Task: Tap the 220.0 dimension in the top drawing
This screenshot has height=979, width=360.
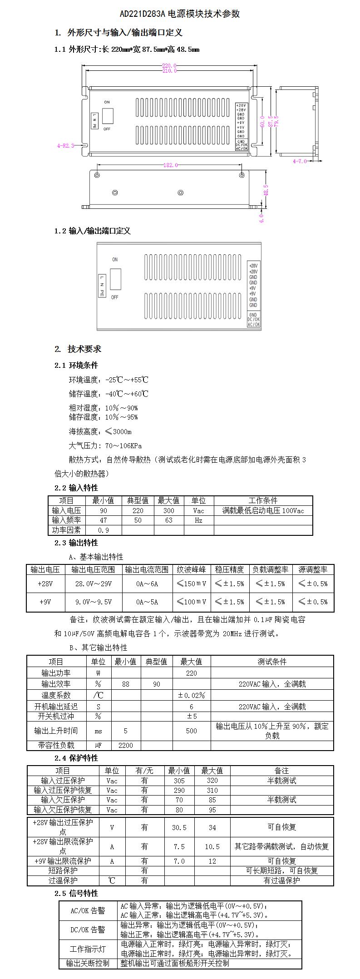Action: pyautogui.click(x=169, y=66)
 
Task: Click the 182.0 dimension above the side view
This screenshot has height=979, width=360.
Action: pyautogui.click(x=170, y=165)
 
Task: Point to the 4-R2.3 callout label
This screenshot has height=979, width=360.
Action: pyautogui.click(x=65, y=146)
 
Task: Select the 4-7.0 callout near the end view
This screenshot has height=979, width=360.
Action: pyautogui.click(x=300, y=161)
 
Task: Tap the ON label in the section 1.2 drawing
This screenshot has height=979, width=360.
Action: pyautogui.click(x=115, y=259)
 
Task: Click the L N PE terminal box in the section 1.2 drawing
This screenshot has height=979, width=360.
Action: pyautogui.click(x=103, y=286)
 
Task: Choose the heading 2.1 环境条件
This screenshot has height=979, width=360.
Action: pyautogui.click(x=76, y=366)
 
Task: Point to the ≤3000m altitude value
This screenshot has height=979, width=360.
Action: pyautogui.click(x=118, y=431)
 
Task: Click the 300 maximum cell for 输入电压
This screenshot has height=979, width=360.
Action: pyautogui.click(x=168, y=510)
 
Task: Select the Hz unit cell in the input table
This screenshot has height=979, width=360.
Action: pyautogui.click(x=198, y=520)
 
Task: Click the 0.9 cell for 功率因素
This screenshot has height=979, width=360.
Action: pyautogui.click(x=104, y=530)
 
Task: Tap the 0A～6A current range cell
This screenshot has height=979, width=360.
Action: pyautogui.click(x=147, y=583)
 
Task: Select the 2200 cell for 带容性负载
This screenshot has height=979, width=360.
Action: pyautogui.click(x=126, y=745)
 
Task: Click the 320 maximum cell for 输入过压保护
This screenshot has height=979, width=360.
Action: pyautogui.click(x=212, y=781)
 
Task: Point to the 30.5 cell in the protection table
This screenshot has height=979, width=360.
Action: pyautogui.click(x=179, y=827)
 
